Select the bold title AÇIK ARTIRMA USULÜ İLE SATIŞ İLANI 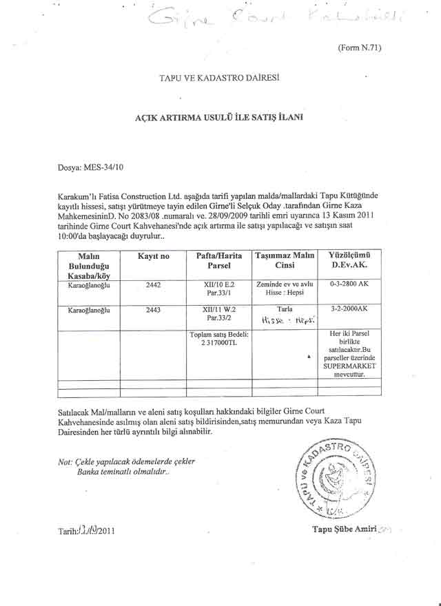tap(219, 118)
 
